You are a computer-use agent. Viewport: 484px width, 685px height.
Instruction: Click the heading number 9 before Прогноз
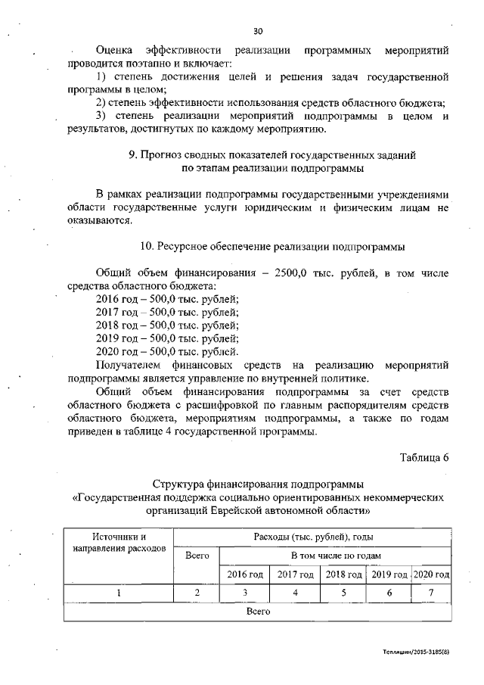click(x=132, y=154)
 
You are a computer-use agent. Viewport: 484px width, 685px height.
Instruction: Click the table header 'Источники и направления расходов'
click(x=119, y=542)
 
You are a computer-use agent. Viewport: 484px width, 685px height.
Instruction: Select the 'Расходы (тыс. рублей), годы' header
click(x=312, y=537)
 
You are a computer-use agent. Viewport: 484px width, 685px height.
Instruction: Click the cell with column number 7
click(x=431, y=593)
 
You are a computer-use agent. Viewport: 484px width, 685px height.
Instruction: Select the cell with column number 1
click(x=119, y=593)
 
